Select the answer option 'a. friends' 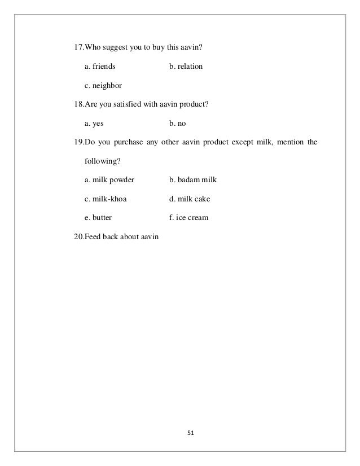(x=100, y=67)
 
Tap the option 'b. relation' (x=186, y=67)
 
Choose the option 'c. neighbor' (x=103, y=86)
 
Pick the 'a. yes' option (x=94, y=123)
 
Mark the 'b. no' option (x=177, y=123)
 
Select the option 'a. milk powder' (x=109, y=180)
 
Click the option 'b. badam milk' (x=193, y=180)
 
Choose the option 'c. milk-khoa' (x=106, y=199)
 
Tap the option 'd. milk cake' (x=190, y=199)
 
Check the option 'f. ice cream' (x=188, y=217)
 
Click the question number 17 (x=78, y=47)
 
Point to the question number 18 (x=78, y=104)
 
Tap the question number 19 (x=78, y=142)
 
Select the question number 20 (x=78, y=236)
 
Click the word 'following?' (x=102, y=161)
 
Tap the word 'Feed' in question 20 (x=93, y=236)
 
